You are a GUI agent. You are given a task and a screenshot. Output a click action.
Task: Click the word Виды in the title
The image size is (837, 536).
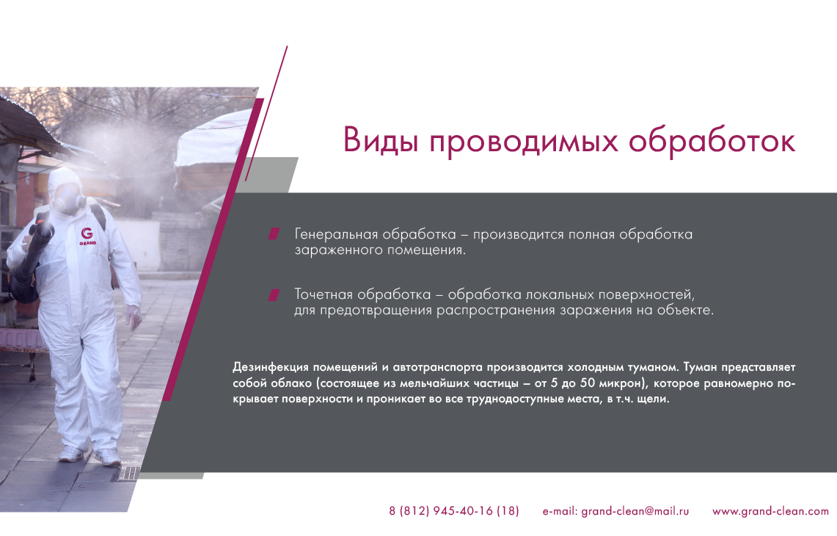380,140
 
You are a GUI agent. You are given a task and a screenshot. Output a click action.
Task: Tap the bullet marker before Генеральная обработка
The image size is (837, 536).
274,233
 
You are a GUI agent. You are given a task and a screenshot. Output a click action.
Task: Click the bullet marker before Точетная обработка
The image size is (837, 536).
274,294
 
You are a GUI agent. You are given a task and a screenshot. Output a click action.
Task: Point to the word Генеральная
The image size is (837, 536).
336,235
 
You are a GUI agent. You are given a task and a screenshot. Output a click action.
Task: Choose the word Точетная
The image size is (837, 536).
324,294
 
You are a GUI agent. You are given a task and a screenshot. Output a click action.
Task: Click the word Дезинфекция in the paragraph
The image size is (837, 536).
271,368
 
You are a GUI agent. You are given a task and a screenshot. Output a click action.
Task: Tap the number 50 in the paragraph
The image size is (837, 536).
587,383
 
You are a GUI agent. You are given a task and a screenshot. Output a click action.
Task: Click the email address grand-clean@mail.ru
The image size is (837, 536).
635,512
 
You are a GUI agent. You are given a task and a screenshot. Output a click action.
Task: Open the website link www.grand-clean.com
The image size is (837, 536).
770,512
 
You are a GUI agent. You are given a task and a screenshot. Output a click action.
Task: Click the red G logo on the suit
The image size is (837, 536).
87,233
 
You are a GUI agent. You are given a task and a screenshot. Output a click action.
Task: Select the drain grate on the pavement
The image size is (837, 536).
131,473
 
